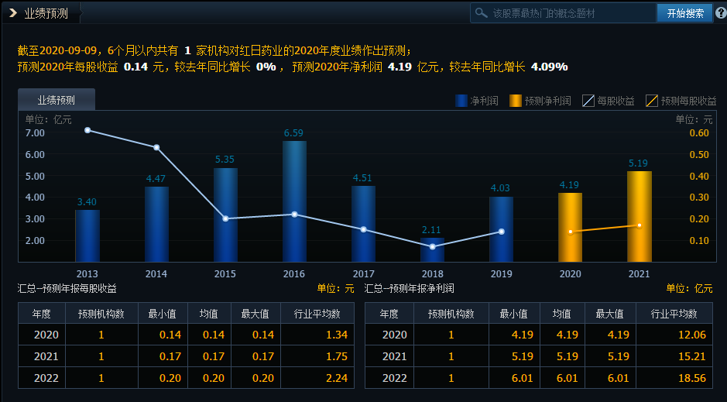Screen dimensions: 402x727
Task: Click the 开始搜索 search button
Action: coord(684,13)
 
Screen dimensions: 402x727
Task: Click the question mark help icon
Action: coord(720,13)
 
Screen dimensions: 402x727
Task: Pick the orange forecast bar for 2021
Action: coord(639,216)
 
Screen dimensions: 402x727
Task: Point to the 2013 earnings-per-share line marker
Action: coord(87,130)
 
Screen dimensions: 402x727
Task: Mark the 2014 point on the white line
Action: coord(156,147)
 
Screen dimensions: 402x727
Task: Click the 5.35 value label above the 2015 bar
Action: coord(225,160)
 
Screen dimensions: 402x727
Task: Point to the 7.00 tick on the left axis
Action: coord(35,132)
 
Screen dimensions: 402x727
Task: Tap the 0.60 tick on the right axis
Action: coord(699,132)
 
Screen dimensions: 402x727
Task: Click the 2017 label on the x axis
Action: coord(363,274)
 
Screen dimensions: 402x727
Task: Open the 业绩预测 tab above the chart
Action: coord(57,99)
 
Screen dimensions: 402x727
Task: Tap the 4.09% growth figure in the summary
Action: coord(549,67)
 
